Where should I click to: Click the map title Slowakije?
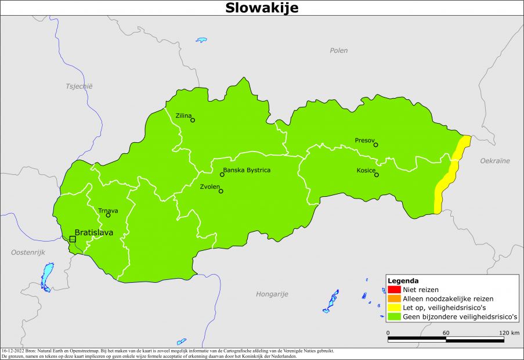tap(262, 8)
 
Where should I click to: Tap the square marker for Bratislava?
tap(73, 239)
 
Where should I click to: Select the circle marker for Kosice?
tap(377, 175)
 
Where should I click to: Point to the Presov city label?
tap(366, 140)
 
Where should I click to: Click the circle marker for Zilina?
tap(193, 120)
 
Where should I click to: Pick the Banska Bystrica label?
tap(247, 170)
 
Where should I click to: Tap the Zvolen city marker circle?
tap(221, 191)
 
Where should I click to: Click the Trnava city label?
tap(108, 211)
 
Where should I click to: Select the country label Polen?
tap(339, 51)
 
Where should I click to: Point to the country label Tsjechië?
tap(79, 86)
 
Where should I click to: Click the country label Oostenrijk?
tap(28, 252)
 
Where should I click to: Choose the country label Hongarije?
tap(272, 294)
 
